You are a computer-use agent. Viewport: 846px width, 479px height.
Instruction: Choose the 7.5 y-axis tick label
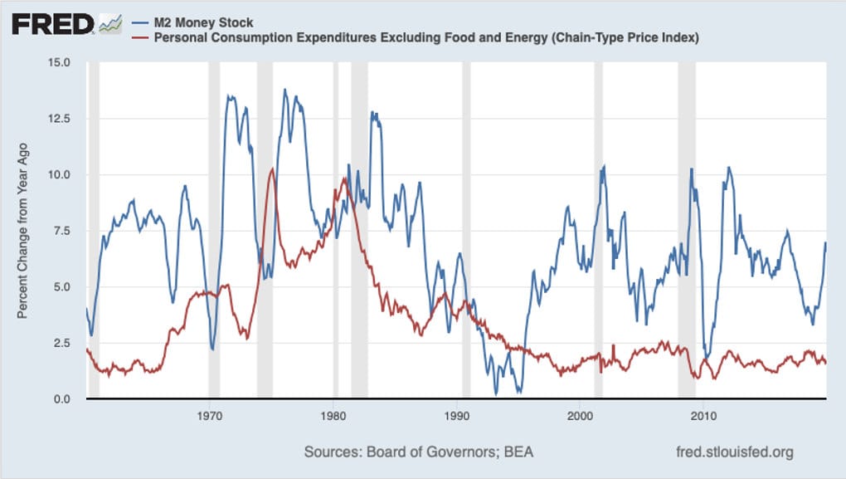[x=62, y=232]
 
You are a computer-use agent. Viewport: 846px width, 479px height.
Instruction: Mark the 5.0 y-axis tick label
[x=62, y=287]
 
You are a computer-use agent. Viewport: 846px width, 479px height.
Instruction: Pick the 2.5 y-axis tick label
[x=62, y=344]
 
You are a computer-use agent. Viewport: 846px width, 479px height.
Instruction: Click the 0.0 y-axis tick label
[x=62, y=400]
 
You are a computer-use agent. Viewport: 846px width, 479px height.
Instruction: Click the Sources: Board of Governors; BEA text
[x=419, y=452]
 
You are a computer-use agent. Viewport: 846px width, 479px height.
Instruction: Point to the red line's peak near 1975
[x=271, y=169]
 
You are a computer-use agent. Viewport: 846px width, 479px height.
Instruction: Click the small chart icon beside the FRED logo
[x=110, y=25]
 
